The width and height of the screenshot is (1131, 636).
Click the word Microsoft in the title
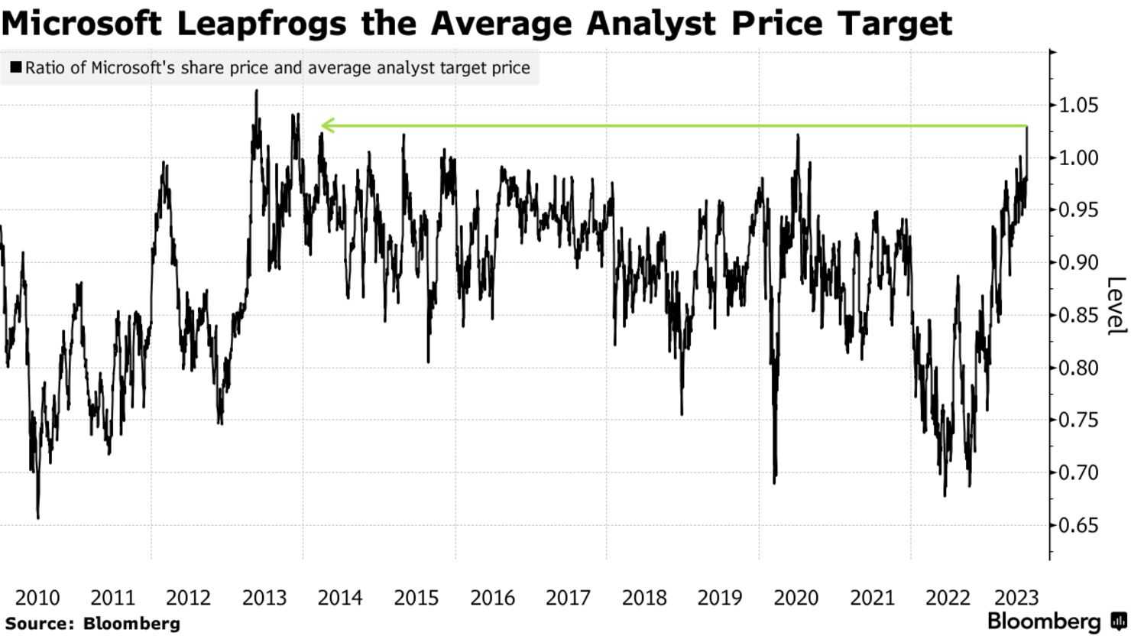(81, 23)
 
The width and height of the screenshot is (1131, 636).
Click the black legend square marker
(16, 67)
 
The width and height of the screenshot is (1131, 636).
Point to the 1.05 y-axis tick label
(1078, 105)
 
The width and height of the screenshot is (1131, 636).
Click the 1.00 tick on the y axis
(1078, 158)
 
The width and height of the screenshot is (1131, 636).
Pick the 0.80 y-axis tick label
(1078, 368)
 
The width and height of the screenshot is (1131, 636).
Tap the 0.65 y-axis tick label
(1078, 525)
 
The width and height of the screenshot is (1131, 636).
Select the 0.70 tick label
(1078, 473)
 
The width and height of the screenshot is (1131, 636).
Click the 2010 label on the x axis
(37, 598)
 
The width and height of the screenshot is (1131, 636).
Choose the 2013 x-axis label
(264, 598)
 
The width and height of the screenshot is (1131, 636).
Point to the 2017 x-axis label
(568, 598)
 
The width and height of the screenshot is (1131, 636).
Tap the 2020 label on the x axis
(796, 598)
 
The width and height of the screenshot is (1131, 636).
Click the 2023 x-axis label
(1016, 598)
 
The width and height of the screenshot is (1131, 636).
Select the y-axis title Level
(1116, 306)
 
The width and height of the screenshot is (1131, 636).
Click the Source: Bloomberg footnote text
(93, 624)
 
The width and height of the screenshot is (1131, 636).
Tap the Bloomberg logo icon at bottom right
(1118, 621)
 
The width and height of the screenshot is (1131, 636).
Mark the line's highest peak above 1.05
(257, 90)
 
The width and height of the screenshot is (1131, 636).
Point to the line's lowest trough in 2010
(38, 518)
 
